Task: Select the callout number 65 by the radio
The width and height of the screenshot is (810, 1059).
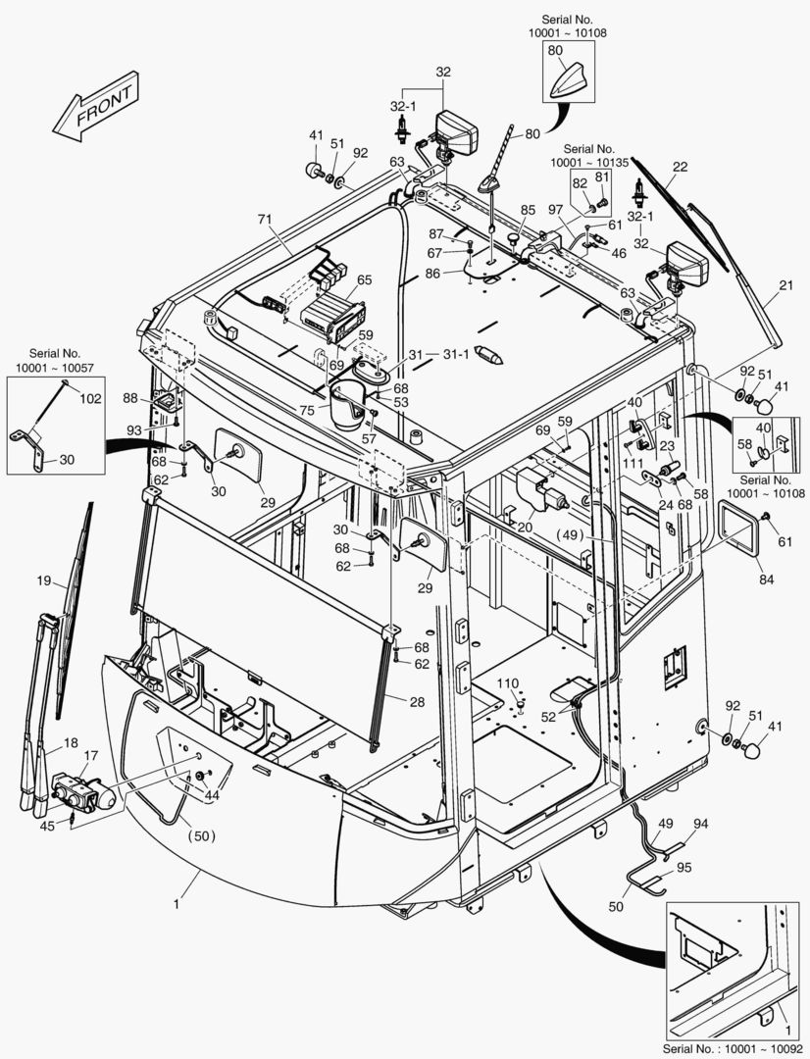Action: click(x=365, y=280)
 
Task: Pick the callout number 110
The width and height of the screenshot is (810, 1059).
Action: click(x=506, y=682)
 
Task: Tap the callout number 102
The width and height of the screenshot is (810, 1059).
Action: click(x=90, y=399)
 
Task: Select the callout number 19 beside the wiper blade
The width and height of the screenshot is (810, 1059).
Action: click(x=43, y=580)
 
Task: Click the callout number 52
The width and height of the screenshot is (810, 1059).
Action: click(x=548, y=717)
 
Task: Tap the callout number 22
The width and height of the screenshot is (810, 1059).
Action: click(x=680, y=167)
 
